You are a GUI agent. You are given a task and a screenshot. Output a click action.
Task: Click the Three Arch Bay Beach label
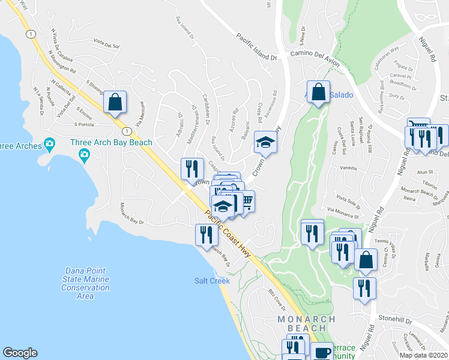click(111, 142)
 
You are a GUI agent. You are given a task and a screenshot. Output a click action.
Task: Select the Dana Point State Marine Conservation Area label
click(85, 283)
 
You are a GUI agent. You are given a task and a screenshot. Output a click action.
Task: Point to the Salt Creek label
click(212, 281)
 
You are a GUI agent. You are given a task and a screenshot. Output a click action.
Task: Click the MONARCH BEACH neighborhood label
click(302, 325)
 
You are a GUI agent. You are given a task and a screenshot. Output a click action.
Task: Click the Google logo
click(20, 353)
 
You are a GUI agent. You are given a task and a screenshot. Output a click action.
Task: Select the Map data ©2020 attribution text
click(423, 355)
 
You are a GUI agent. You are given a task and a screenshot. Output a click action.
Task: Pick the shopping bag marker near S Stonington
click(115, 101)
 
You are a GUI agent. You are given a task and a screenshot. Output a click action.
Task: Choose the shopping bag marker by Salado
click(319, 92)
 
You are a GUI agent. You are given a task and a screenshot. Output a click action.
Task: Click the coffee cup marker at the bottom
click(322, 352)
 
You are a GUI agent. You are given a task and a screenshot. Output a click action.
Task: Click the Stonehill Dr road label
click(395, 321)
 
